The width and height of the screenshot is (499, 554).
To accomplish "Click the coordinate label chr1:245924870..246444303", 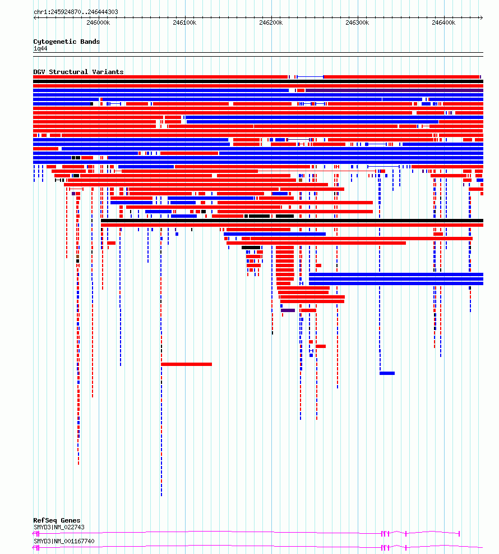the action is pos(76,12).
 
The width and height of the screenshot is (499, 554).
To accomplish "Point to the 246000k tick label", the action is pos(98,22).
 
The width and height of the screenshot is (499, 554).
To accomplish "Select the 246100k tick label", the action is pos(184,22).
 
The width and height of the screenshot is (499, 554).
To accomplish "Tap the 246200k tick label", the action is pos(271,22).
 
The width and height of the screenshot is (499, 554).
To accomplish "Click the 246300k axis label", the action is pos(357,22).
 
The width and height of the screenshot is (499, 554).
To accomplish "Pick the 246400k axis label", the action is pos(443,22).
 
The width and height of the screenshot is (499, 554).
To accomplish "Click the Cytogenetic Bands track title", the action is pos(67,42).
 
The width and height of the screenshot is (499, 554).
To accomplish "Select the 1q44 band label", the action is pos(40,48).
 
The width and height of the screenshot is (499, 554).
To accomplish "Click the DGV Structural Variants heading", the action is pos(78,72).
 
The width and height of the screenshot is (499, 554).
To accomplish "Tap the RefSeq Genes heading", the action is pos(57,520).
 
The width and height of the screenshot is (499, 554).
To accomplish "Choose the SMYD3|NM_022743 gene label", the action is pos(59,527).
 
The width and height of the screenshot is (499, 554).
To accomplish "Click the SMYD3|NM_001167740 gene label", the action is pos(64,541).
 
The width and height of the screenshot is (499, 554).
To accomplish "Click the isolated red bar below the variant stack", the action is pos(186,364).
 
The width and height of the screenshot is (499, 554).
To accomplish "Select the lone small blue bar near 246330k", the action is pos(387,373).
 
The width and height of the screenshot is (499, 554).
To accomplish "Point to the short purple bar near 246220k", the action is pos(288,310).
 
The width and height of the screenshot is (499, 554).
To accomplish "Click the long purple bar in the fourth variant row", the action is pos(394,90).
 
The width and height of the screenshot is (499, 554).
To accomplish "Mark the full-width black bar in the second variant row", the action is pos(258,81).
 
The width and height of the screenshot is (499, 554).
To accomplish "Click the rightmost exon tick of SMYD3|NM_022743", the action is pos(459,533).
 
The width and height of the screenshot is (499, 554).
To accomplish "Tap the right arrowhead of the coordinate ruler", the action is pos(482,17).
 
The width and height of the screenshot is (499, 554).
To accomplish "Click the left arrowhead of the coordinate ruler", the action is pos(35,17).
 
